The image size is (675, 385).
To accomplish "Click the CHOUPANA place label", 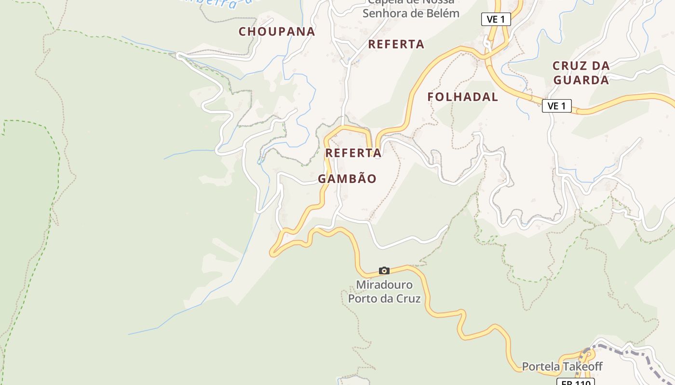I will point(277,32).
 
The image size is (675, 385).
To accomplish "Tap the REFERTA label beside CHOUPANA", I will point(396,44).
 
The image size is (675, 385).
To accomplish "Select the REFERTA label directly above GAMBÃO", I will point(353,153).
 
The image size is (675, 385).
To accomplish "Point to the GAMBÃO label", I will point(347,179).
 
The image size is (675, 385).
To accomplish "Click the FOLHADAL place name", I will point(463,97).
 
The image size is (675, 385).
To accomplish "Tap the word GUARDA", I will point(581,80).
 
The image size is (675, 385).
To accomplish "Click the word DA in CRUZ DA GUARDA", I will point(600,65).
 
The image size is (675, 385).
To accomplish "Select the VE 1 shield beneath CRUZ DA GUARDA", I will point(557,106).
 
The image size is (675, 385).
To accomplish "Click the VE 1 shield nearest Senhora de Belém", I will point(496,19).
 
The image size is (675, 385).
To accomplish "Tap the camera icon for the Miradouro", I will point(384,270).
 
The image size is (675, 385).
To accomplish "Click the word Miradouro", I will point(384,285).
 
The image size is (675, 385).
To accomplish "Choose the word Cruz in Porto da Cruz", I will point(408,298).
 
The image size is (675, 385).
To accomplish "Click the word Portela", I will point(541,367).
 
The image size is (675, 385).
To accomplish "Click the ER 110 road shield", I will point(576,382).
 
